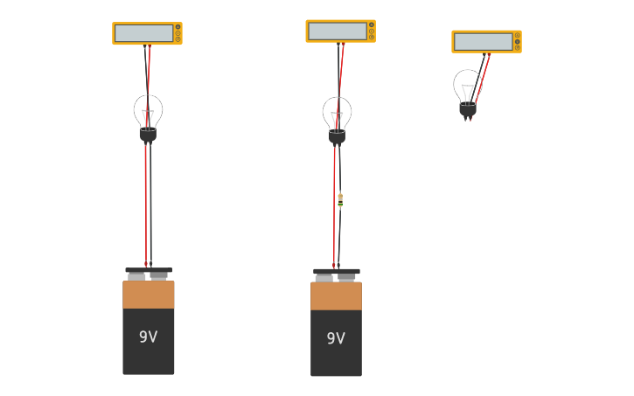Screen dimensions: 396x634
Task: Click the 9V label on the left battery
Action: [x=148, y=337]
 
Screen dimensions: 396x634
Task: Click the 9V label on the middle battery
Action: [x=336, y=338]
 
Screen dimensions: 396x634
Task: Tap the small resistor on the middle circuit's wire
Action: [x=340, y=200]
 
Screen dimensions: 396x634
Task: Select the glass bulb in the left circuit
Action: [x=148, y=109]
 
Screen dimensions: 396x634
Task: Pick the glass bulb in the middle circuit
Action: [x=337, y=111]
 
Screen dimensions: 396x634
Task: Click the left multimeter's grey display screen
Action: [x=143, y=33]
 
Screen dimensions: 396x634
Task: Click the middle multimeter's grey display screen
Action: [x=337, y=31]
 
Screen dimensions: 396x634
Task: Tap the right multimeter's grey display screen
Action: [x=483, y=41]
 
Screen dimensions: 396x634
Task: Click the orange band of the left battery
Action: [x=148, y=295]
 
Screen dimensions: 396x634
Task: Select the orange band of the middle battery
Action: [x=336, y=296]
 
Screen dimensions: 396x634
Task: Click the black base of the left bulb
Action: [x=148, y=135]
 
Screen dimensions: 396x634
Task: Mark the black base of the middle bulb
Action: [x=337, y=137]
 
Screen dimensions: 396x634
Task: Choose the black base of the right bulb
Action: [x=468, y=110]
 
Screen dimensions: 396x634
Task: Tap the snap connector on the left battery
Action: [x=148, y=273]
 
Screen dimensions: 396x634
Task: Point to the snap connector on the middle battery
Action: [x=336, y=274]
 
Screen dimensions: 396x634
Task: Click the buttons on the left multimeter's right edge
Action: [x=178, y=33]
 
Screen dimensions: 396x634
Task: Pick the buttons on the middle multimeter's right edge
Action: [x=371, y=31]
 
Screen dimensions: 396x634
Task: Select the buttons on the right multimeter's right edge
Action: [x=517, y=41]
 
